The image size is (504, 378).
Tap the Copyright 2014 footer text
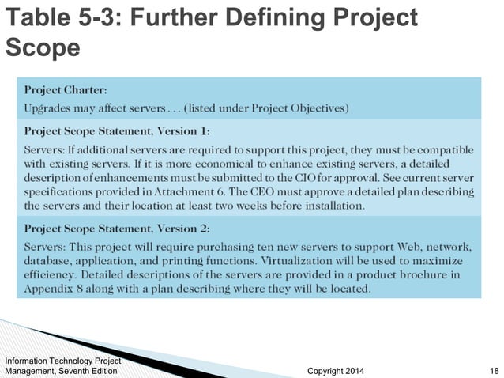[x=335, y=369]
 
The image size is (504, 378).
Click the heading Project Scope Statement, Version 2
[x=118, y=228]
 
